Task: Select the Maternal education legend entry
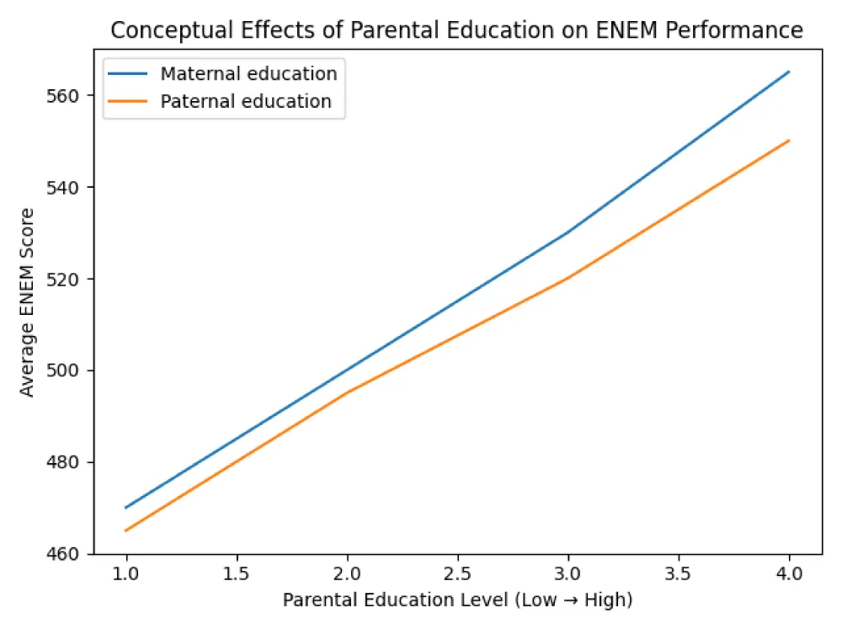[248, 73]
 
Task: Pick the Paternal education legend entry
[246, 101]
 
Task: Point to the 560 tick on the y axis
[69, 95]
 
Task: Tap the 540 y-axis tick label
[69, 187]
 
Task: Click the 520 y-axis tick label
[69, 279]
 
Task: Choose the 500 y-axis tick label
[69, 370]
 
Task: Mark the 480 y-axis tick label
[69, 462]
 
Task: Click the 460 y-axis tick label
[69, 554]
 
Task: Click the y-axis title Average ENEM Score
[28, 302]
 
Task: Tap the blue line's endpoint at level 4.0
[789, 72]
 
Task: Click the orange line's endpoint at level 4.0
[789, 141]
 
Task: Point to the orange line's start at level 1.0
[126, 530]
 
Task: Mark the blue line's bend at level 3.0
[568, 232]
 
